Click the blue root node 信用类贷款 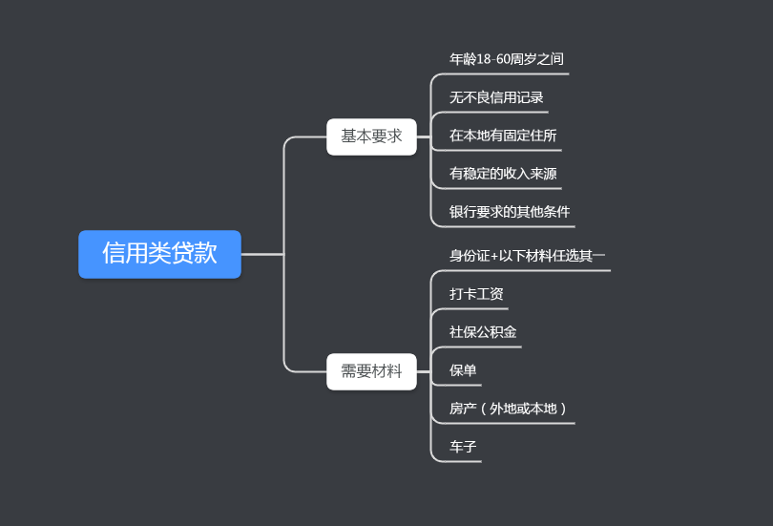click(x=159, y=254)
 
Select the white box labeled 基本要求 click(x=371, y=137)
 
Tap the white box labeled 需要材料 click(x=371, y=371)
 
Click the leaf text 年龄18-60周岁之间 click(x=506, y=59)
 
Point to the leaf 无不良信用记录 click(x=496, y=97)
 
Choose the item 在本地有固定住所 click(x=503, y=136)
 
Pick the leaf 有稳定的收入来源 click(x=503, y=174)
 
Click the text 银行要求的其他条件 click(x=510, y=212)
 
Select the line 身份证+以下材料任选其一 click(x=527, y=256)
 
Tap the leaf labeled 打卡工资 click(x=476, y=294)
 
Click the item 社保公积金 click(x=483, y=332)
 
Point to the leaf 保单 click(x=463, y=370)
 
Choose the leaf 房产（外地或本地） click(x=510, y=409)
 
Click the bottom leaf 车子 click(x=463, y=447)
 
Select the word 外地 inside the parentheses click(x=502, y=409)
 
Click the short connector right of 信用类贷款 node click(x=262, y=254)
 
